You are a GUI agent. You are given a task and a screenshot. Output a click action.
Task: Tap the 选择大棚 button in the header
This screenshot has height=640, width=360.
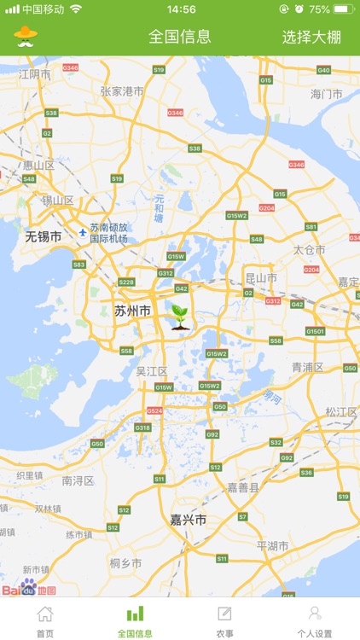click(x=317, y=37)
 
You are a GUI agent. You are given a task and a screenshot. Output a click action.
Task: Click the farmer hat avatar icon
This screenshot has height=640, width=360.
click(x=26, y=36)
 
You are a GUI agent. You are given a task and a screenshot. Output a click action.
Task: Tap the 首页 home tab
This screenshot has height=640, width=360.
click(x=45, y=620)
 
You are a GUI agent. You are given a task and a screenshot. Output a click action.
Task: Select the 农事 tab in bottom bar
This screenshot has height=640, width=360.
click(x=224, y=620)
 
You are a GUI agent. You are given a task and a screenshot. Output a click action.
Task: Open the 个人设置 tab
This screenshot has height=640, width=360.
click(x=315, y=620)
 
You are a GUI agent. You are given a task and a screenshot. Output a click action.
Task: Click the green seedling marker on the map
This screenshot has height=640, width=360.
click(x=181, y=317)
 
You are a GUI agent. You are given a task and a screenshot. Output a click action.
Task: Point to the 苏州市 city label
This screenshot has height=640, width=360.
click(x=132, y=311)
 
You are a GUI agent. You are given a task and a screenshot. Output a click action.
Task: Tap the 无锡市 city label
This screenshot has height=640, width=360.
click(x=43, y=236)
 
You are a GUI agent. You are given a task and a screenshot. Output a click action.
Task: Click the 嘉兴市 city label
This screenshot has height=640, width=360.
click(x=188, y=519)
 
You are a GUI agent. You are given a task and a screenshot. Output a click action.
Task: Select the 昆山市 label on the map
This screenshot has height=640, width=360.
click(x=261, y=278)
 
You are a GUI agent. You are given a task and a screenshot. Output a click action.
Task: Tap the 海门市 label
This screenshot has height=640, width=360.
click(x=326, y=94)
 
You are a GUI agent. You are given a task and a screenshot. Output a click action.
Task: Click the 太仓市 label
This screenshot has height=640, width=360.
click(x=310, y=250)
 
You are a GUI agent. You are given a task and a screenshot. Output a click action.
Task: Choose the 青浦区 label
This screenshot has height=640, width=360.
click(x=307, y=367)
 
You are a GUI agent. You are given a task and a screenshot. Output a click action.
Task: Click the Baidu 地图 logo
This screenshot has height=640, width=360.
click(x=28, y=590)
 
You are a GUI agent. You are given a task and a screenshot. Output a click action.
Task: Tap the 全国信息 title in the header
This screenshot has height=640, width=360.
click(x=180, y=37)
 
